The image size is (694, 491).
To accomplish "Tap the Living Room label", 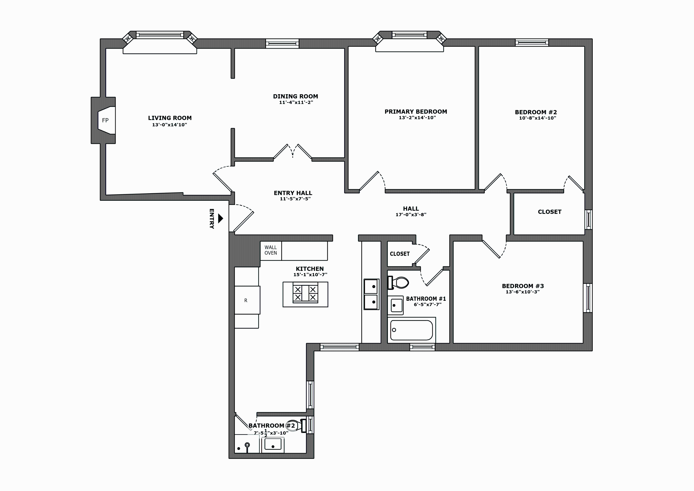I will [x=170, y=118].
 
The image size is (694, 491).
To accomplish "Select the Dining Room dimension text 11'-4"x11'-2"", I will [x=296, y=103].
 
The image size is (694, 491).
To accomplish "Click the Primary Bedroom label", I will [x=415, y=112].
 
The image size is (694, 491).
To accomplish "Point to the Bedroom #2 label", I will [x=536, y=112].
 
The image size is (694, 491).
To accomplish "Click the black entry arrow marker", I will [x=221, y=218].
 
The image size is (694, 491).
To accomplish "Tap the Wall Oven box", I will [x=270, y=251].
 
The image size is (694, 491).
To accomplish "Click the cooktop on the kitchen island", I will [x=305, y=293].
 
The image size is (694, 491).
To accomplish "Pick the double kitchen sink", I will [x=371, y=294].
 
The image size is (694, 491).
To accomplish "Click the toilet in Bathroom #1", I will [x=399, y=283].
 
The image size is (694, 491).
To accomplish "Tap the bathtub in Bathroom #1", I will [x=411, y=330].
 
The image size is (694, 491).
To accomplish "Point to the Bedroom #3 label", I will [x=523, y=286].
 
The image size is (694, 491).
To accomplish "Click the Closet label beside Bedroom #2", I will [x=549, y=212].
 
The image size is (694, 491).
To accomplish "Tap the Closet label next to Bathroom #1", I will [x=400, y=254].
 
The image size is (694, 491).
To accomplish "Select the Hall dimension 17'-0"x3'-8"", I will [x=411, y=215].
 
